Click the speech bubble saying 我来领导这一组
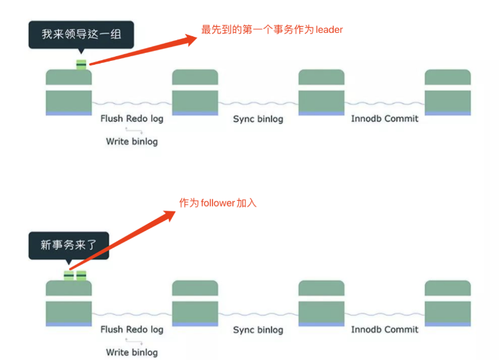click(81, 34)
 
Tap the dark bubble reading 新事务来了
click(68, 246)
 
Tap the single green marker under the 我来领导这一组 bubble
click(81, 65)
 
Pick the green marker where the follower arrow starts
click(69, 275)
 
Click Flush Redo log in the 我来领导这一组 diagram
click(132, 118)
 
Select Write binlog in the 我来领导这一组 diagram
click(132, 141)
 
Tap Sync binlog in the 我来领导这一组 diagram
click(258, 118)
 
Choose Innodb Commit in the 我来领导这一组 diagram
click(384, 118)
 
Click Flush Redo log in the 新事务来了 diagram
click(132, 329)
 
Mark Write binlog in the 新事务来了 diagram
click(132, 352)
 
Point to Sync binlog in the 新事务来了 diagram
click(258, 329)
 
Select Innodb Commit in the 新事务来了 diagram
click(384, 329)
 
